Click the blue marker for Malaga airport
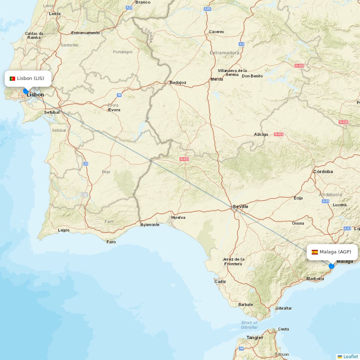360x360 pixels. click(x=332, y=266)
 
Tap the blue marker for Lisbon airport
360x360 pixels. click(x=26, y=91)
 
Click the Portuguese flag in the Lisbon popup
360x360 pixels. click(x=12, y=78)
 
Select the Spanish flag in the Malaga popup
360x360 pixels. click(x=315, y=252)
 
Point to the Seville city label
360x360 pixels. click(x=240, y=207)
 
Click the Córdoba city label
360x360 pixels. click(x=323, y=172)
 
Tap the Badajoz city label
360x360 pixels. click(x=178, y=82)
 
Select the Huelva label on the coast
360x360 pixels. click(x=179, y=217)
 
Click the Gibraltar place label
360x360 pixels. click(x=284, y=308)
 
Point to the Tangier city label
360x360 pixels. click(x=255, y=338)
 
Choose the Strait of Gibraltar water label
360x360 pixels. click(x=249, y=325)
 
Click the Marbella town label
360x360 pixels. click(x=315, y=279)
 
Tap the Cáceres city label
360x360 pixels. click(x=216, y=32)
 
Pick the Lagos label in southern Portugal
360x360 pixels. click(x=64, y=230)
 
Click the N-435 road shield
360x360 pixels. click(x=184, y=159)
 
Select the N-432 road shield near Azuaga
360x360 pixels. click(x=279, y=134)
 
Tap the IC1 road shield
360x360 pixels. click(x=84, y=195)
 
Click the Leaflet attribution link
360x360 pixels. click(x=350, y=356)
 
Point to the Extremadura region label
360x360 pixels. click(x=225, y=53)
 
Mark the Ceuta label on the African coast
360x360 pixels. click(x=283, y=329)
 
